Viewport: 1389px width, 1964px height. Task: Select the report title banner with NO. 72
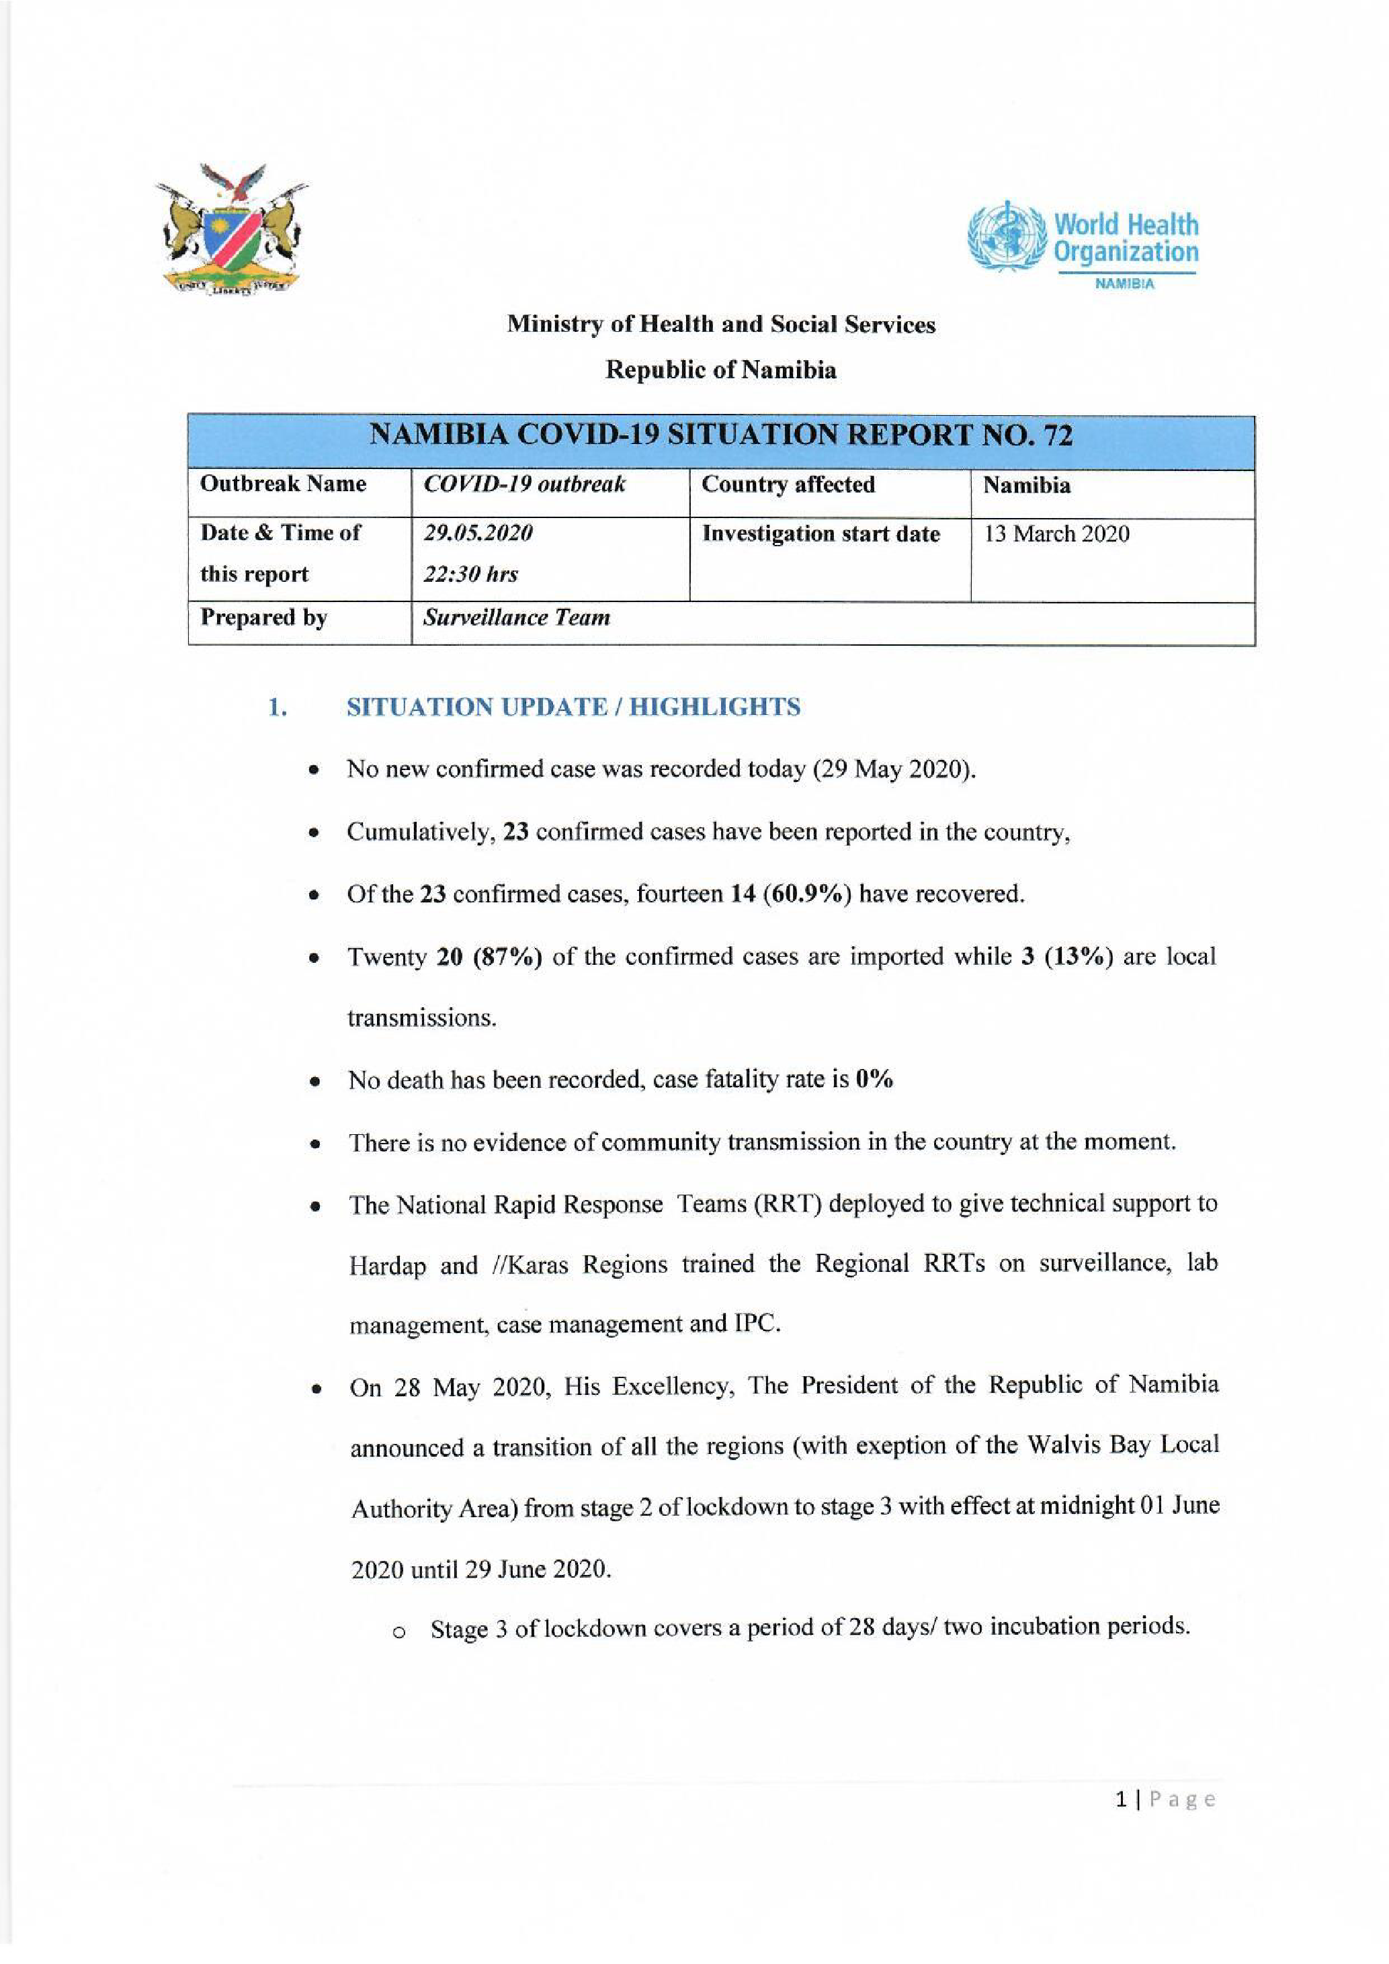pyautogui.click(x=720, y=436)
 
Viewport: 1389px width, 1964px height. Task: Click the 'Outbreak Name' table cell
pyautogui.click(x=283, y=484)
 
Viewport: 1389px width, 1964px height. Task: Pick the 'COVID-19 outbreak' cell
pyautogui.click(x=524, y=484)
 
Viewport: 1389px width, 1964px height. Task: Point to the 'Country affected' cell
pyautogui.click(x=788, y=484)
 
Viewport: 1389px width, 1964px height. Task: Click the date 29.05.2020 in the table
pyautogui.click(x=478, y=533)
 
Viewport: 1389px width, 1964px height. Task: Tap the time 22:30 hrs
pyautogui.click(x=470, y=574)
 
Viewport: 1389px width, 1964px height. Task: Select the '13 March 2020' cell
pyautogui.click(x=1056, y=533)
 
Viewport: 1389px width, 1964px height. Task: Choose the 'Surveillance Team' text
pyautogui.click(x=517, y=617)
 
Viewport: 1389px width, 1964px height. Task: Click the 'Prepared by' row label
pyautogui.click(x=263, y=617)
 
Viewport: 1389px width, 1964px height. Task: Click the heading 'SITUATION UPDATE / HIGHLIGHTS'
pyautogui.click(x=573, y=708)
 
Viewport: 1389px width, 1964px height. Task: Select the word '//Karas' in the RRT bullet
pyautogui.click(x=530, y=1265)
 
